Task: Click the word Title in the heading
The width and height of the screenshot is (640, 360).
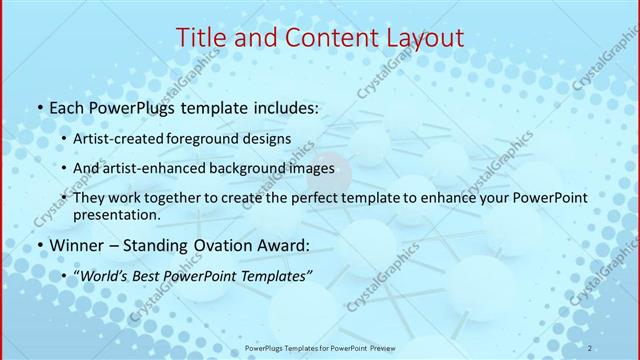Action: pyautogui.click(x=201, y=38)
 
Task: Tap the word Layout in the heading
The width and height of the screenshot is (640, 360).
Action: pyautogui.click(x=419, y=38)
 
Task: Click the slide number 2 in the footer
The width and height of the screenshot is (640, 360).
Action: pyautogui.click(x=590, y=347)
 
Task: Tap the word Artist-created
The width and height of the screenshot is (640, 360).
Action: pyautogui.click(x=122, y=137)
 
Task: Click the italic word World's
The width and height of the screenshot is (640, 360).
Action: pyautogui.click(x=104, y=275)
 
